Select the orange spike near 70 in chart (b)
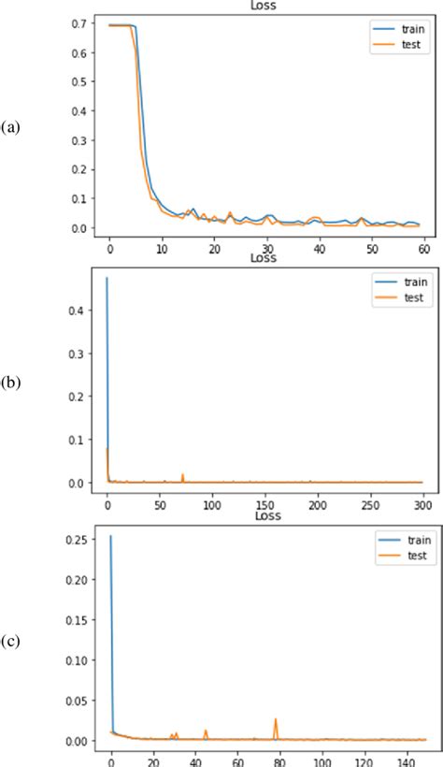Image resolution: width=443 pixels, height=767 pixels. coord(182,475)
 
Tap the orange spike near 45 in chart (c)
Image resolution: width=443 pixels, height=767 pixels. coord(206,731)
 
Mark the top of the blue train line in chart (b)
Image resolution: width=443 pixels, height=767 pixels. coord(107,278)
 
